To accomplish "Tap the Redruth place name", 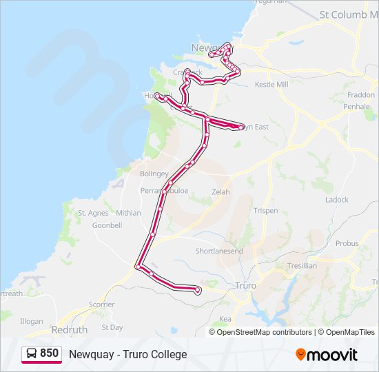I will pos(70,330).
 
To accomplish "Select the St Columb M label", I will pos(349,14).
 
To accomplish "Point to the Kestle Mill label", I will pos(271,85).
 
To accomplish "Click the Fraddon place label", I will pos(361,96).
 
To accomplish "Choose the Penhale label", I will pos(357,107).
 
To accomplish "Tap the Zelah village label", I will pos(221,192).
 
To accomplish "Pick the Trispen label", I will pos(265,211).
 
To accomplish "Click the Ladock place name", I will pos(337,200).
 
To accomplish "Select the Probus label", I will pos(347,243).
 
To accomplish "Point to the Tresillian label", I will pos(301,265).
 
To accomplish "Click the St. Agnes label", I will pos(93,214).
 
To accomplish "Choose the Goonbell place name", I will pos(107,225).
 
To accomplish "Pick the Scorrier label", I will pos(102,304).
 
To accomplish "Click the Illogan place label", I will pos(31,321).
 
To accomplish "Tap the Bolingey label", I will pos(154,174).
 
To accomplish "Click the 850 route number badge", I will pos(42,353).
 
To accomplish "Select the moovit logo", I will pos(327,355).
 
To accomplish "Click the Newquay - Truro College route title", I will pos(127,354).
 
